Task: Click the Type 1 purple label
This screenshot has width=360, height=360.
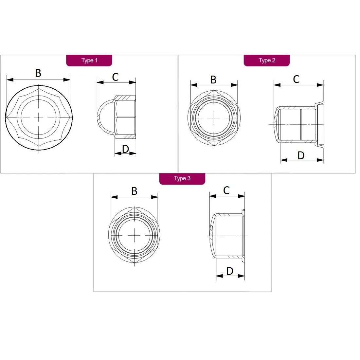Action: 89,61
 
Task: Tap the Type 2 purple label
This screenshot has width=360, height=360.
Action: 266,61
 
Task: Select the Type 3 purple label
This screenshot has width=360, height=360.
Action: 182,179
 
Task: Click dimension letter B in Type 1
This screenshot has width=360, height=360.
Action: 38,73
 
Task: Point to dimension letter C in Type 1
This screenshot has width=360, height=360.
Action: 115,77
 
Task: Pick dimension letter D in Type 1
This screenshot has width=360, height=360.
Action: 126,149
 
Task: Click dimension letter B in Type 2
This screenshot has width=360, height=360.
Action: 213,80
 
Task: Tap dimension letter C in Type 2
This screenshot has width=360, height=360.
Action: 296,79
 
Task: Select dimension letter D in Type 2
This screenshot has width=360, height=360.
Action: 301,155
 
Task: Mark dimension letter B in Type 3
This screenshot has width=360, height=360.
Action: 134,191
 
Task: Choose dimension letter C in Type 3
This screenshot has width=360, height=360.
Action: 226,190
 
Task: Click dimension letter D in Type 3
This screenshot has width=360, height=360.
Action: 230,271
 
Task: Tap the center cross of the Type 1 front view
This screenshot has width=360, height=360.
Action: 39,117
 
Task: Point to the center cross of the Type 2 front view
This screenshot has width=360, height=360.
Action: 214,118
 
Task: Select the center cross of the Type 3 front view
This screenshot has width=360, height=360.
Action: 134,235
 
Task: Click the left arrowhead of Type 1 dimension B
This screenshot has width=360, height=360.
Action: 10,80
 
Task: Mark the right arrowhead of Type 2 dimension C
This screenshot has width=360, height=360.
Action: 320,85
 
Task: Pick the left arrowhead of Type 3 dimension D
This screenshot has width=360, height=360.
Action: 220,276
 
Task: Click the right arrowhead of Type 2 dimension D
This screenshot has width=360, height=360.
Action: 320,160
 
